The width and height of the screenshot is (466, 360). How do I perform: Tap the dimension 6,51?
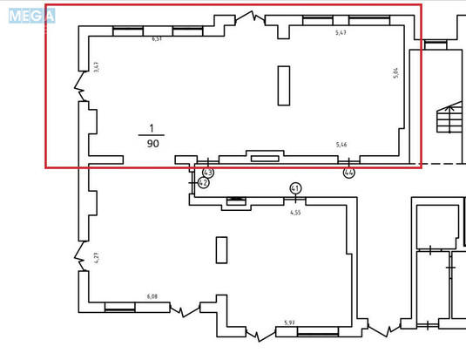(158, 39)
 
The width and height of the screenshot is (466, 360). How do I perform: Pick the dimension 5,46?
(342, 144)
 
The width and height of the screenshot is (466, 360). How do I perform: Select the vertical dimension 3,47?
(97, 66)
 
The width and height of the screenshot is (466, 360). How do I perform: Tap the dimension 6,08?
(152, 296)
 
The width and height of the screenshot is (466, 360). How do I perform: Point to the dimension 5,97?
(289, 323)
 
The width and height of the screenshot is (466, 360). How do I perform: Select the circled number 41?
(295, 188)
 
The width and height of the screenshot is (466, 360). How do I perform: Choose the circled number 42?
(203, 183)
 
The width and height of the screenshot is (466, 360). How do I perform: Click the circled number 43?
(208, 173)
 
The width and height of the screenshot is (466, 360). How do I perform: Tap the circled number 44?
(349, 173)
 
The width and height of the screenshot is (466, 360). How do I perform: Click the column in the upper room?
(283, 85)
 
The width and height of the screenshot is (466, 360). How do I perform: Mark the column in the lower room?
(221, 249)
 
